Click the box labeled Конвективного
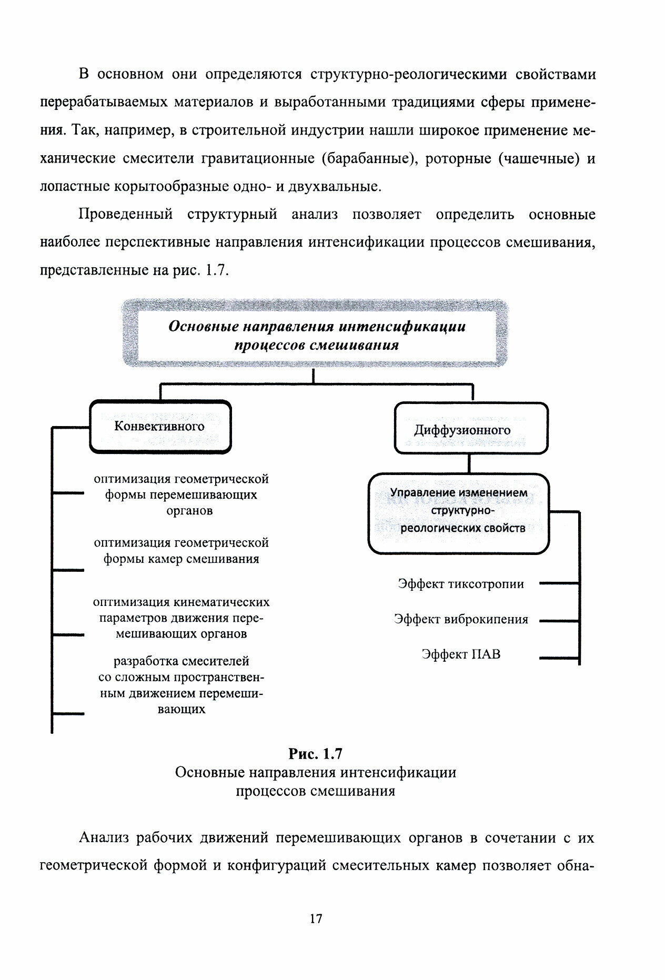[160, 427]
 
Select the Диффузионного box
[471, 429]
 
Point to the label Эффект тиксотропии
[461, 584]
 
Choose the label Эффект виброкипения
[461, 619]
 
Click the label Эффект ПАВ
[461, 654]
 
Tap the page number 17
[316, 919]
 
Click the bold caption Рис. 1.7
[316, 754]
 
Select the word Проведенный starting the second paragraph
[126, 215]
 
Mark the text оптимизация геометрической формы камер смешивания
[181, 550]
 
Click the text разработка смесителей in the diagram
[181, 661]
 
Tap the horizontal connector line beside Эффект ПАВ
[559, 657]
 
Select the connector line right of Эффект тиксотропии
[559, 583]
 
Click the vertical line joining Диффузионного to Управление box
[469, 463]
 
